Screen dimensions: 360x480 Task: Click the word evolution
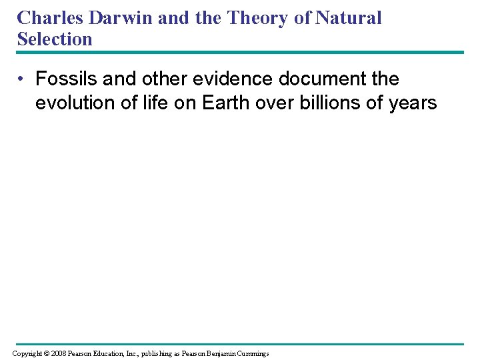[x=69, y=103]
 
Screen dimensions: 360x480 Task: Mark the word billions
[x=323, y=103]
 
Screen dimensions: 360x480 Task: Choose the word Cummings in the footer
[x=249, y=353]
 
